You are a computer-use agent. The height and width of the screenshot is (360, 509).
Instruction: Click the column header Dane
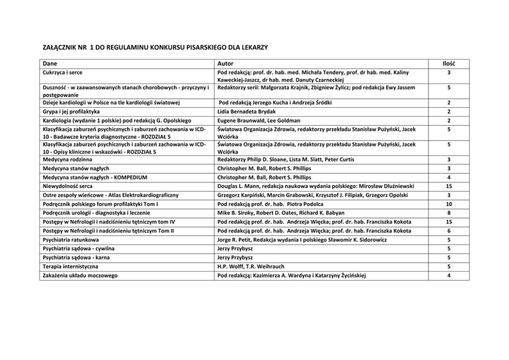(49, 64)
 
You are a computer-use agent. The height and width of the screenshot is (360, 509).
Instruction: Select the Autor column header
(226, 64)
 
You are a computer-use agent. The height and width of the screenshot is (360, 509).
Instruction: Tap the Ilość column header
(448, 64)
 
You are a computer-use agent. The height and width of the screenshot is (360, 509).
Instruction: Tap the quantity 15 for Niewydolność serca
(448, 186)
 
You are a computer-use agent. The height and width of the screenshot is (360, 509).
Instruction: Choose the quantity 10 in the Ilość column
(448, 204)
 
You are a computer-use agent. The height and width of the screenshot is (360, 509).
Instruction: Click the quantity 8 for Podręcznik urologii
(448, 213)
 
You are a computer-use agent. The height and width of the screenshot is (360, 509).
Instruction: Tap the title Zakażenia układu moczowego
(79, 275)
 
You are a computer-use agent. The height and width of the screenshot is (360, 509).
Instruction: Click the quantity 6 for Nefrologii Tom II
(448, 231)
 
